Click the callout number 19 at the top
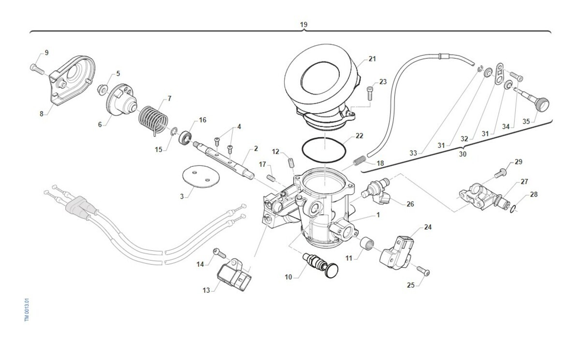[304, 24]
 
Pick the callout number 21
[372, 59]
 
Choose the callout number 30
[463, 154]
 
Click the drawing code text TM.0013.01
[28, 310]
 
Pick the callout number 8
[42, 114]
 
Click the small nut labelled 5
[102, 89]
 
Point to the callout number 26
[410, 204]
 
